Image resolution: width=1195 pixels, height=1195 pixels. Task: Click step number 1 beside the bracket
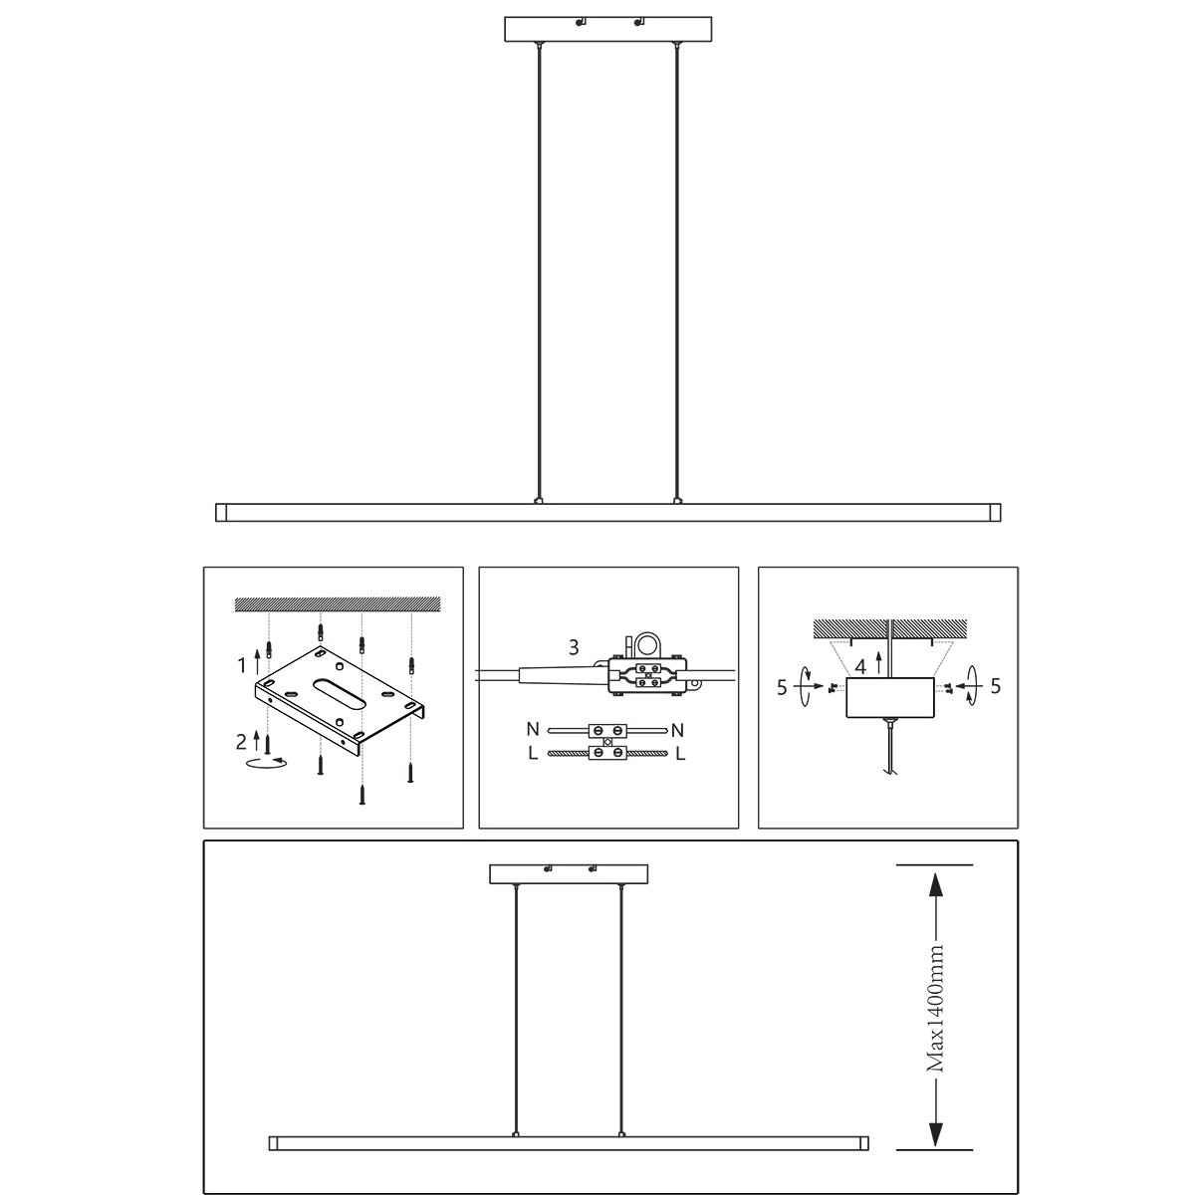click(x=241, y=662)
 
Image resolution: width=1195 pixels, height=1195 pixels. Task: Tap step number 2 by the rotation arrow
click(x=241, y=740)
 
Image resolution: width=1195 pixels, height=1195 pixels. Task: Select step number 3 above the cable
click(x=574, y=647)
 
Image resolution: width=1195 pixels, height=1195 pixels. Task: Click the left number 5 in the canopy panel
click(x=782, y=686)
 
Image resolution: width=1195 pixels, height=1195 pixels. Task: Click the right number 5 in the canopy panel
click(x=996, y=686)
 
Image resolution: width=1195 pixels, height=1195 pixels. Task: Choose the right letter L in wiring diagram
click(x=680, y=754)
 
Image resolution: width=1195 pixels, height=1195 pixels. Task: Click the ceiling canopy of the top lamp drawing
click(x=608, y=29)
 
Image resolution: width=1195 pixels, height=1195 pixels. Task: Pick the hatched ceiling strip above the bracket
click(x=337, y=603)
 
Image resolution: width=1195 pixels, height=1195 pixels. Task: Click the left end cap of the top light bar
click(x=222, y=513)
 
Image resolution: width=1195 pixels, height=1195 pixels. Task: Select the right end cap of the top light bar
click(x=994, y=513)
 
